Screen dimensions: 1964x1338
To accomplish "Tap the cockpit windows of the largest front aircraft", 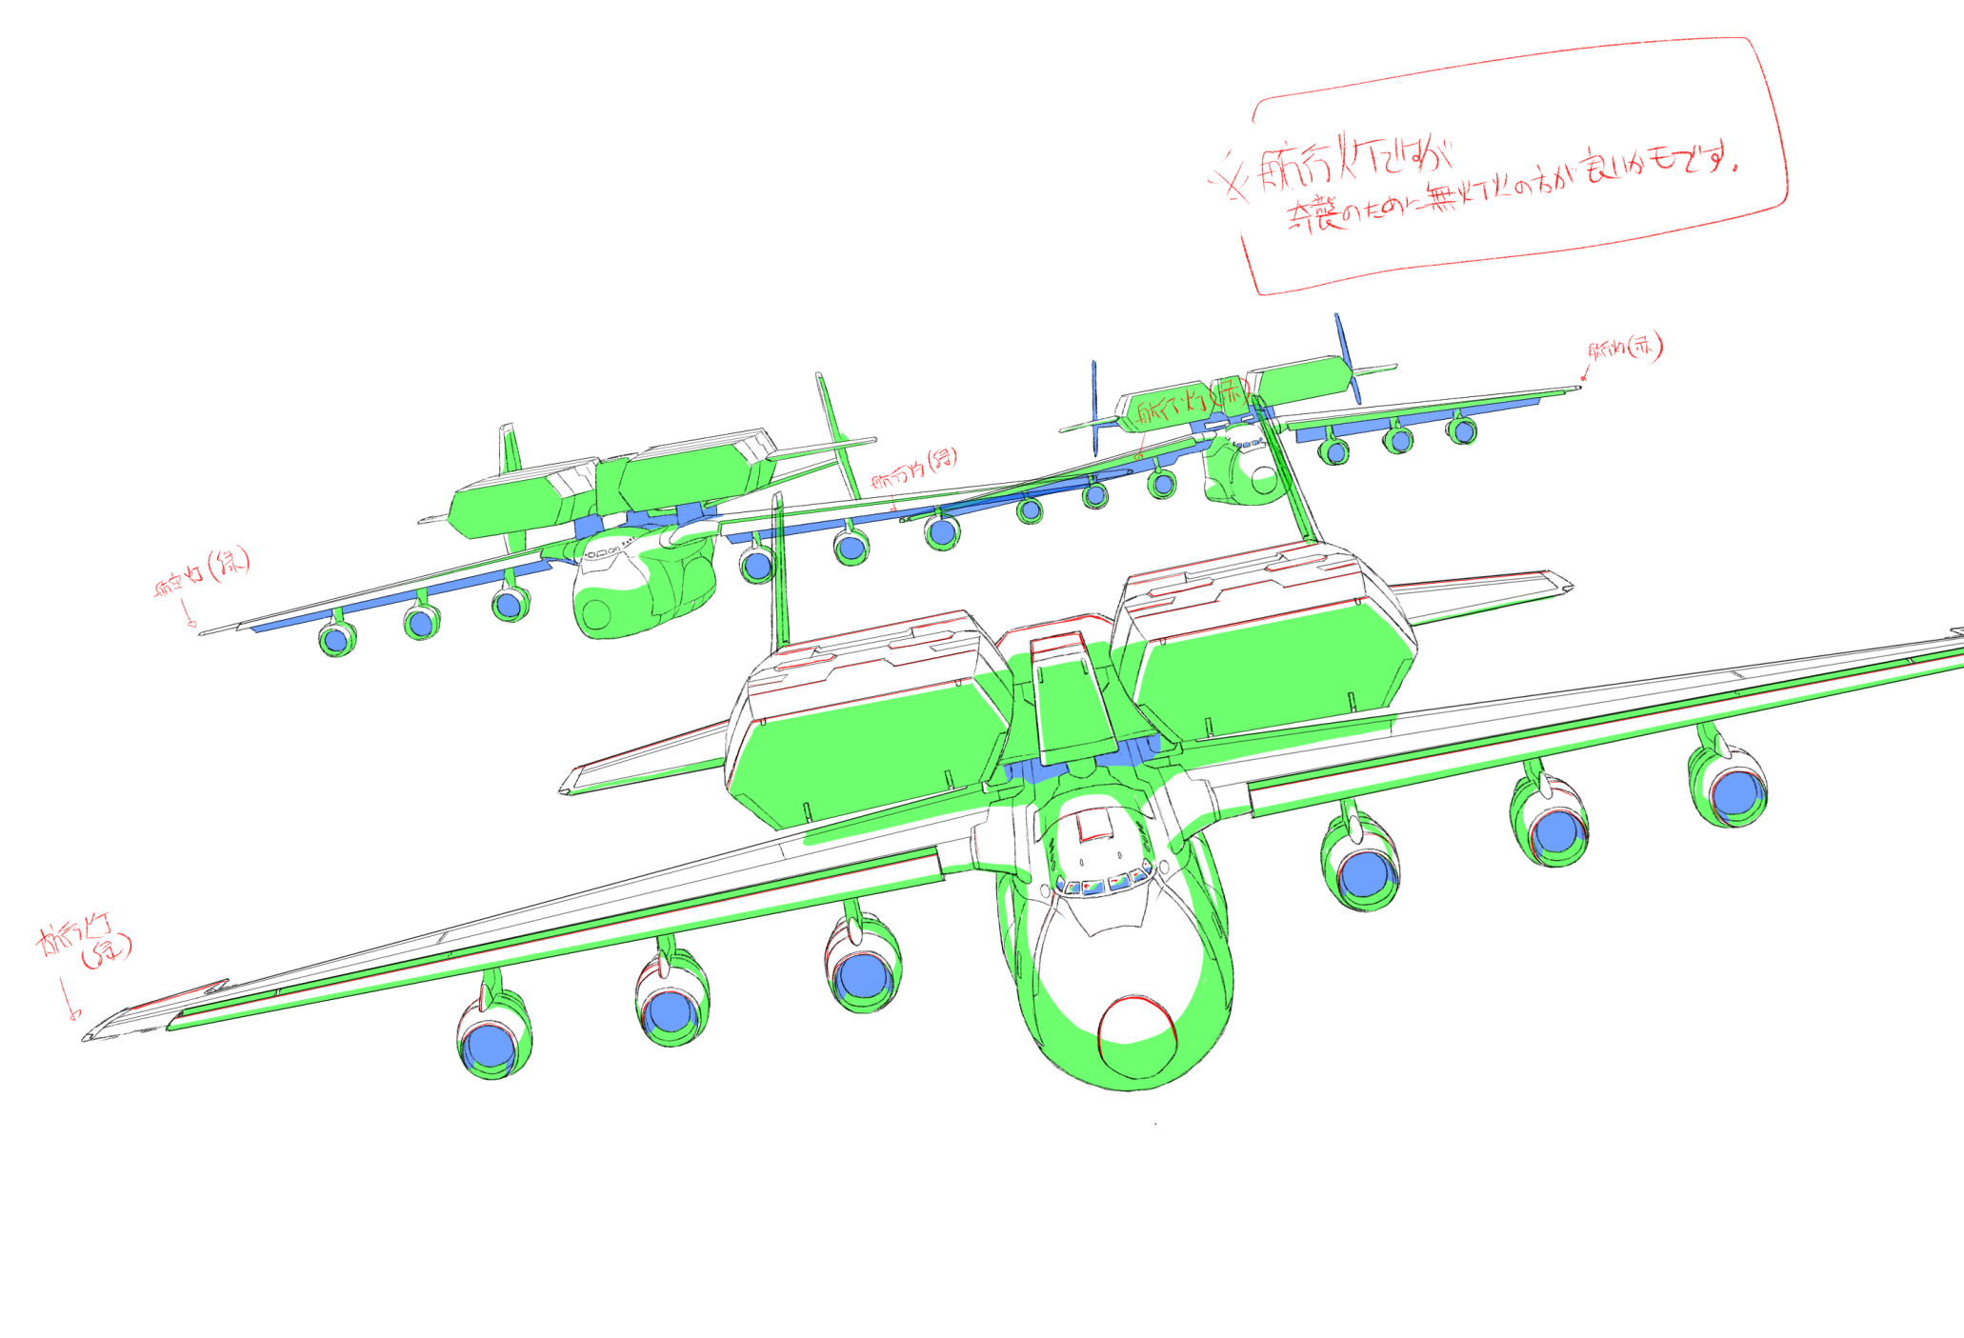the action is click(1105, 884).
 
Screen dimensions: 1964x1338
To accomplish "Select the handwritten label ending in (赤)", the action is click(1625, 348).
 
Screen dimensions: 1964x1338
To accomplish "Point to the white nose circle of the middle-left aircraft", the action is click(597, 615).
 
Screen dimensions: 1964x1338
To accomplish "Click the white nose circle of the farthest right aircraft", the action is click(1264, 481).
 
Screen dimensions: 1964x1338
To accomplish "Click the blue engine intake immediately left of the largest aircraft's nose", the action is click(863, 974).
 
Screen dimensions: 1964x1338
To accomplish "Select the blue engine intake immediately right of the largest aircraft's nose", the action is click(1364, 874).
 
